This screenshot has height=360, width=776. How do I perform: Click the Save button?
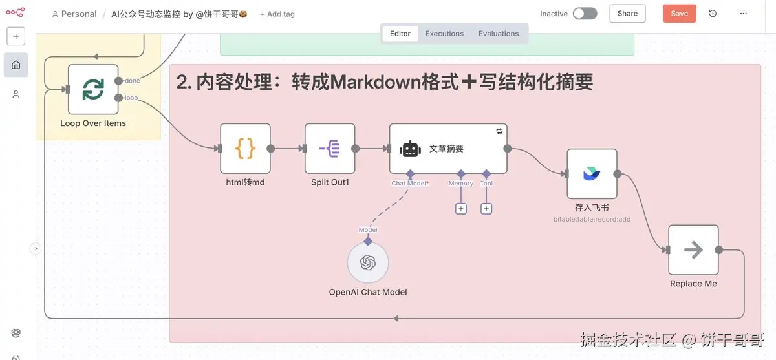click(679, 14)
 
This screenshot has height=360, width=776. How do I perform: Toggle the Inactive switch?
click(585, 14)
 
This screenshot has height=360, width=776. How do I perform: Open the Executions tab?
click(444, 34)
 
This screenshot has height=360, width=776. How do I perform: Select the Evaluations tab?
click(499, 34)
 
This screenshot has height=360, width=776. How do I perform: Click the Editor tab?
click(400, 34)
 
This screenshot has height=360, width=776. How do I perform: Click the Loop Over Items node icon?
click(93, 89)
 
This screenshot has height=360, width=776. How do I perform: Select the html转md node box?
click(245, 149)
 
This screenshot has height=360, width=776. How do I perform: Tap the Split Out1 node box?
click(330, 149)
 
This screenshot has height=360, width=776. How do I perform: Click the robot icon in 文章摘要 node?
click(410, 149)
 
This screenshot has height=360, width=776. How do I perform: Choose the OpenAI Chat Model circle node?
click(368, 262)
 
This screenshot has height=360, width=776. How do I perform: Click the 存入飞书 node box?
click(592, 174)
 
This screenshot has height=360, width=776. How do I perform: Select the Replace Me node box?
click(693, 249)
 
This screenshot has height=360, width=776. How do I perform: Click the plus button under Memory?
click(461, 209)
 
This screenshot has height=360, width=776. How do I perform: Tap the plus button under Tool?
click(486, 209)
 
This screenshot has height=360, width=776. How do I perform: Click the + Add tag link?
click(277, 14)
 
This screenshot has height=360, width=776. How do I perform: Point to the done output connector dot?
click(118, 81)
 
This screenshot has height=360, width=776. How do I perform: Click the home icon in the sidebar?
click(16, 65)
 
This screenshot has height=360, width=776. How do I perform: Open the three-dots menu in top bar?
click(744, 14)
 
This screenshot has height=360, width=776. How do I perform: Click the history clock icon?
click(713, 14)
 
